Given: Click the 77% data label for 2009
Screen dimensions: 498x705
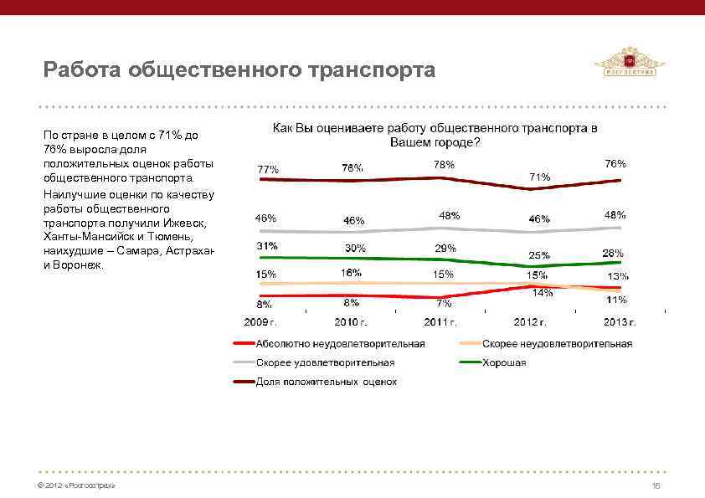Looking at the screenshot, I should click(268, 169).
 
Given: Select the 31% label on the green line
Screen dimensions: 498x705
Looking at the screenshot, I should click(267, 246).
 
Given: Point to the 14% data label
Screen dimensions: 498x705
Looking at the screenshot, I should click(542, 292).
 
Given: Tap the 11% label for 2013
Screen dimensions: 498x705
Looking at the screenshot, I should click(617, 300).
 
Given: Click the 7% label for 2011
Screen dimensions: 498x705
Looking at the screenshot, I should click(444, 303).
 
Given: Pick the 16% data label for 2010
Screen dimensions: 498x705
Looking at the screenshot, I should click(352, 273).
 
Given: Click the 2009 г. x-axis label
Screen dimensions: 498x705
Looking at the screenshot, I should click(260, 322).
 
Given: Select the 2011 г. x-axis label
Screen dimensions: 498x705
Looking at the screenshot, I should click(440, 322).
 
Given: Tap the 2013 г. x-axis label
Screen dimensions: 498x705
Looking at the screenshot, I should click(620, 322).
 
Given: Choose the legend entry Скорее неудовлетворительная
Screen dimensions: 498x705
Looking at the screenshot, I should click(558, 344).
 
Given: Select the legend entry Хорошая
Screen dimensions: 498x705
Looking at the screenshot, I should click(504, 362).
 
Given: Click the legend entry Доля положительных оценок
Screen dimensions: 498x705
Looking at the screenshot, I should click(327, 382).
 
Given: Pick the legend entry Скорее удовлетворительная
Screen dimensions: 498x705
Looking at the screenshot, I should click(325, 362).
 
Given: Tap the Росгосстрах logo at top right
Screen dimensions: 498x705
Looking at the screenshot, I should click(629, 64).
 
